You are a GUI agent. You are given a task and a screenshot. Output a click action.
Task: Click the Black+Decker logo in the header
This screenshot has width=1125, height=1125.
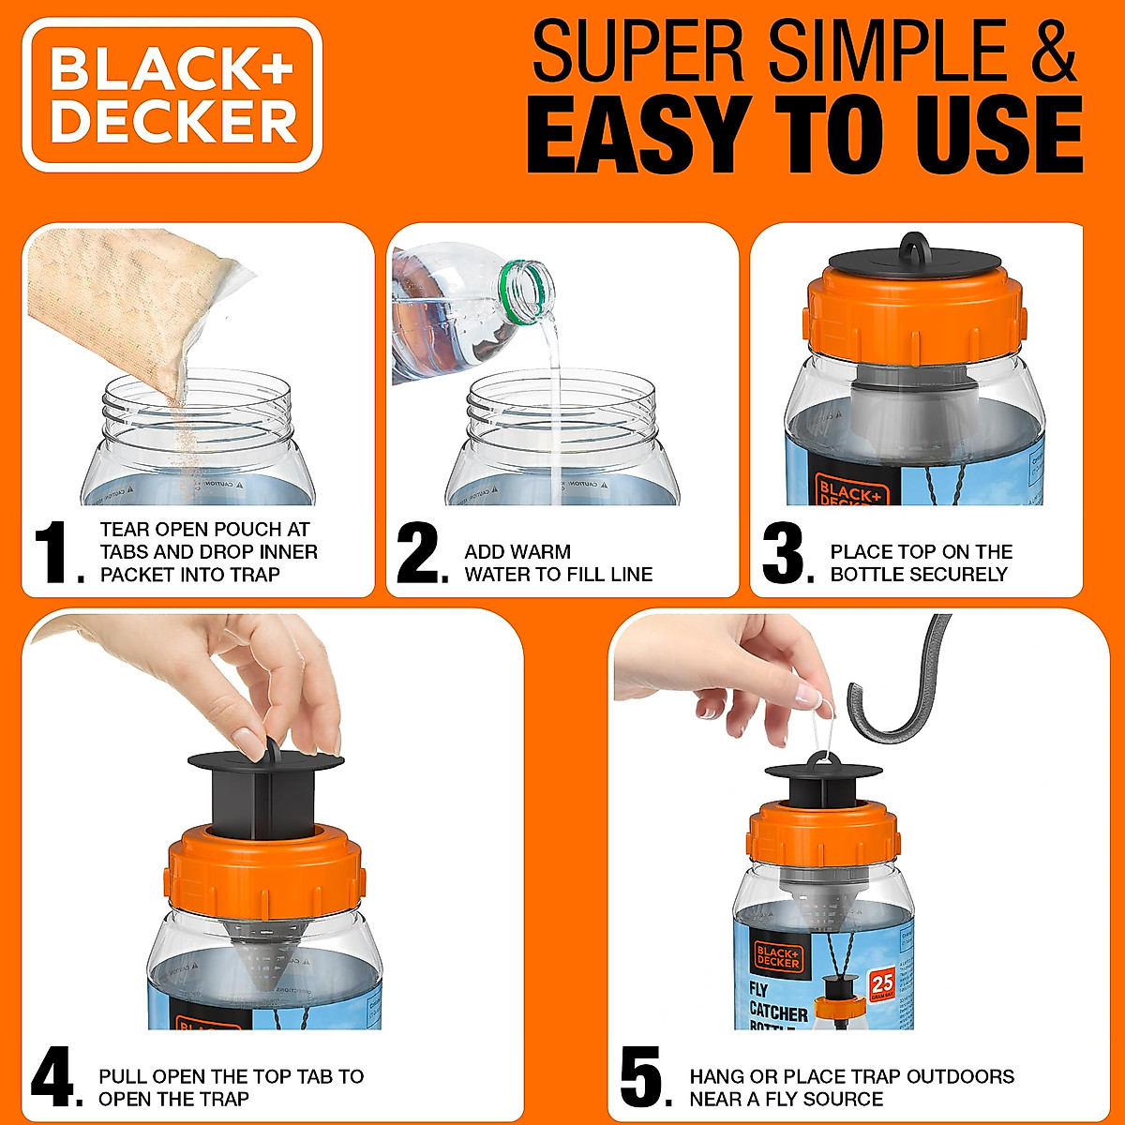coord(172,95)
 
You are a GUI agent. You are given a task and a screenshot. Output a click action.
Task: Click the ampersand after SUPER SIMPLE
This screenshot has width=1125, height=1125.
coord(1042,53)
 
